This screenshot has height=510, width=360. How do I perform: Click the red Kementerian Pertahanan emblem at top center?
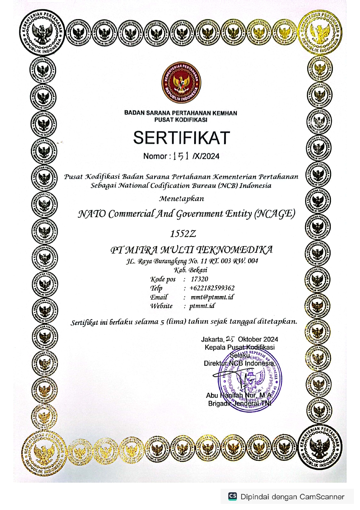pyautogui.click(x=181, y=82)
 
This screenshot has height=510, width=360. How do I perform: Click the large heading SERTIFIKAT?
pyautogui.click(x=181, y=138)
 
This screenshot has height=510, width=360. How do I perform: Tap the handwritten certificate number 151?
pyautogui.click(x=181, y=156)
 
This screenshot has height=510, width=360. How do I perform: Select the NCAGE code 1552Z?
pyautogui.click(x=183, y=234)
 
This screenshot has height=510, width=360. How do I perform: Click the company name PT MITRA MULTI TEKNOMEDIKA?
pyautogui.click(x=192, y=250)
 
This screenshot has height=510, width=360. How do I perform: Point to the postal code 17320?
pyautogui.click(x=199, y=279)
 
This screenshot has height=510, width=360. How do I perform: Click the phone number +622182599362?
pyautogui.click(x=212, y=288)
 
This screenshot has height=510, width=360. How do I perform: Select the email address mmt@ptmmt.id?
pyautogui.click(x=212, y=297)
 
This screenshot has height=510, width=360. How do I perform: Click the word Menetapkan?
pyautogui.click(x=181, y=199)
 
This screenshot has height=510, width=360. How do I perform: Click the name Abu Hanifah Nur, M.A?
pyautogui.click(x=239, y=396)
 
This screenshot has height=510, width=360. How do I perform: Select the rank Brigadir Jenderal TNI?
pyautogui.click(x=240, y=404)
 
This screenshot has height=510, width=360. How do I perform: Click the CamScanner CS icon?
pyautogui.click(x=232, y=496)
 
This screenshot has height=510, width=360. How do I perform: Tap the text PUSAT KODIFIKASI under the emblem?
pyautogui.click(x=181, y=120)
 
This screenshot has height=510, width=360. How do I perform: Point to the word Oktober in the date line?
pyautogui.click(x=250, y=339)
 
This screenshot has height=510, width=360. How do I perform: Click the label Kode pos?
pyautogui.click(x=163, y=280)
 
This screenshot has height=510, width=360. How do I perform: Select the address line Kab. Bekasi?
pyautogui.click(x=191, y=270)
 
